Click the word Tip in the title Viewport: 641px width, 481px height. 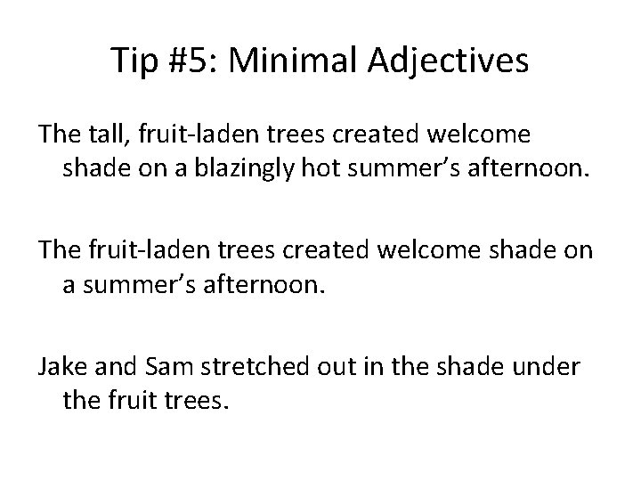(x=134, y=61)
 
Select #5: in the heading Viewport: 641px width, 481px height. (x=198, y=61)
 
